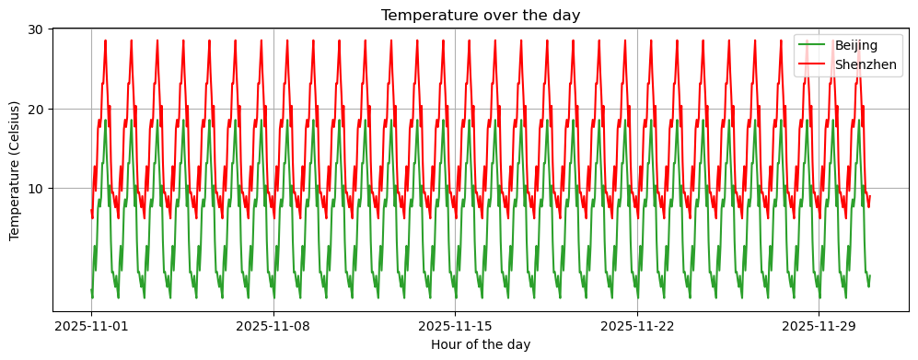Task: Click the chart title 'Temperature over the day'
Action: click(x=481, y=15)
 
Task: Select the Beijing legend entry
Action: click(x=855, y=45)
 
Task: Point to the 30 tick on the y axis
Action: click(x=37, y=29)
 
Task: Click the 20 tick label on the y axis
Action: click(x=37, y=109)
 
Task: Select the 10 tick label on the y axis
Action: click(x=37, y=189)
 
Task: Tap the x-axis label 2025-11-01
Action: click(x=91, y=326)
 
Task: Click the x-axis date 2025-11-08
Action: click(x=273, y=326)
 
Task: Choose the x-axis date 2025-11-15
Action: click(x=455, y=326)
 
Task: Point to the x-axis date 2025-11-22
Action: click(x=637, y=326)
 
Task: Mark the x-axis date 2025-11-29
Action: click(x=819, y=326)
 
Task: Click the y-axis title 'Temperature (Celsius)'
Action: click(x=15, y=170)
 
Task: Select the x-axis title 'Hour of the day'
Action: click(x=481, y=344)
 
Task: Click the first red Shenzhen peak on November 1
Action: click(x=106, y=41)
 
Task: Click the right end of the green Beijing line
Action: click(x=869, y=275)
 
